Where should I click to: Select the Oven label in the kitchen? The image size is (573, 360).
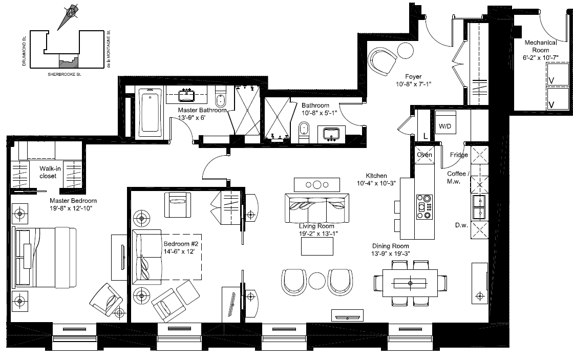425,155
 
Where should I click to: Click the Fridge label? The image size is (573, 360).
458,155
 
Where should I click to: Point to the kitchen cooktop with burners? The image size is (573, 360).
425,207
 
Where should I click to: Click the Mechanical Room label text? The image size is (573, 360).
536,47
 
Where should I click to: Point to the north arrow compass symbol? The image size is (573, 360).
69,15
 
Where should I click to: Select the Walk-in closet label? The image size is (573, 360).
48,172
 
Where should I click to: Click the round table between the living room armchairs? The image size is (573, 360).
317,281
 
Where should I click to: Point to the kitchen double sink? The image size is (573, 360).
479,206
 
